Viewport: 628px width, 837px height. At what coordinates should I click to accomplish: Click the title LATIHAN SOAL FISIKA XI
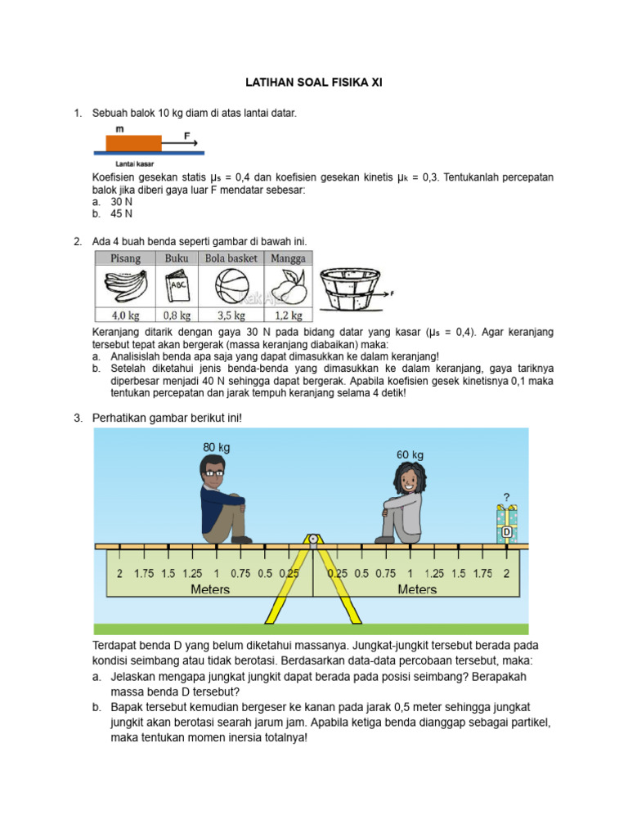tap(314, 83)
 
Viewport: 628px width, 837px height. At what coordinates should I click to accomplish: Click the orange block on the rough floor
tap(133, 143)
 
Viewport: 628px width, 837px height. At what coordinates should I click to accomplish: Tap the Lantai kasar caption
tap(134, 163)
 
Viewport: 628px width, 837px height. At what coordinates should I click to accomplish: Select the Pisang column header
tap(125, 258)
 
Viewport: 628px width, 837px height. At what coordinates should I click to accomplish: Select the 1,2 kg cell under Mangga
tap(286, 315)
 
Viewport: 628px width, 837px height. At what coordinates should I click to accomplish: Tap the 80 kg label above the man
tap(216, 447)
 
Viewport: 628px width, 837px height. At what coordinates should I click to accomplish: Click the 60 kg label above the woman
tap(410, 454)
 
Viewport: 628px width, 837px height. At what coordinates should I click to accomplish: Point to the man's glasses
tap(214, 472)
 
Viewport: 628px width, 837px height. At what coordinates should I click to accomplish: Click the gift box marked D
tap(507, 525)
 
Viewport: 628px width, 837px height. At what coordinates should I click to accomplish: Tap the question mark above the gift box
tap(507, 496)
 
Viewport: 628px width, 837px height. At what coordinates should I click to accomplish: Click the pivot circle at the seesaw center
tap(312, 539)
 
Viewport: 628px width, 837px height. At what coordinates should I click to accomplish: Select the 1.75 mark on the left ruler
tap(144, 574)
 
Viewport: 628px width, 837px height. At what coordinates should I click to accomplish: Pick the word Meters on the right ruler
tap(417, 589)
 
